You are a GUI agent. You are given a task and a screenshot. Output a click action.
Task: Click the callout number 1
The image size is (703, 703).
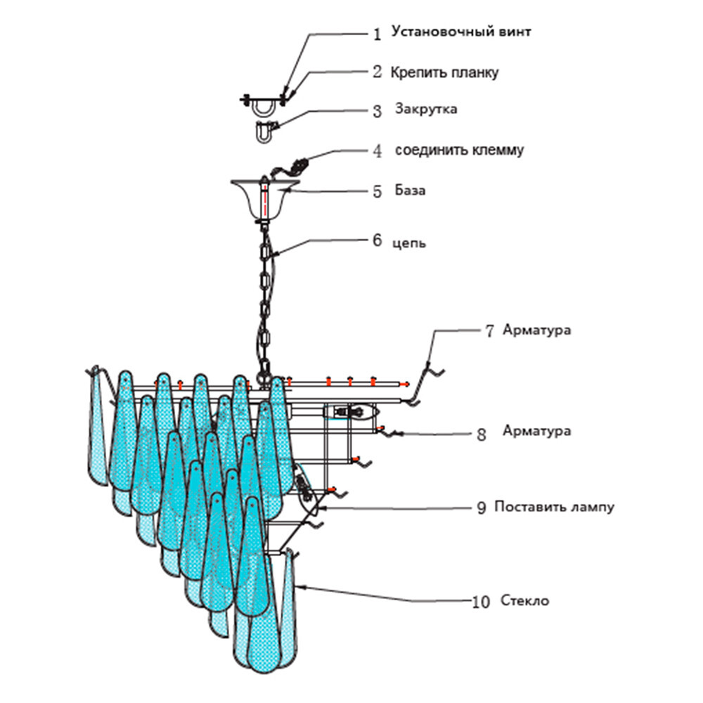[x=377, y=34]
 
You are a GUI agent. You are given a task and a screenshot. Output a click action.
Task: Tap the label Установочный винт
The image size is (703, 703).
[x=461, y=32]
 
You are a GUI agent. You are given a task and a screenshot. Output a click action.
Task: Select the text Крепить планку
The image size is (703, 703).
[x=444, y=72]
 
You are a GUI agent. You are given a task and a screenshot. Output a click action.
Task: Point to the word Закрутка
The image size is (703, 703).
[x=426, y=109]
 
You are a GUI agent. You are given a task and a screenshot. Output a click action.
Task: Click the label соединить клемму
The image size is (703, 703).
[x=459, y=150]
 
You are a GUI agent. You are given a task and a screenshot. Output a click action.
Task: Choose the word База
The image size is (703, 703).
[x=410, y=190]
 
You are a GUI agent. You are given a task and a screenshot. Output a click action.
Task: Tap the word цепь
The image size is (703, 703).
[x=409, y=243]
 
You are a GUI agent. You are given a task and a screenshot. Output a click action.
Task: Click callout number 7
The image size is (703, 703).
[x=489, y=331]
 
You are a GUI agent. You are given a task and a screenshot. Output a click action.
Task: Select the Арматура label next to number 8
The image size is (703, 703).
[x=536, y=430]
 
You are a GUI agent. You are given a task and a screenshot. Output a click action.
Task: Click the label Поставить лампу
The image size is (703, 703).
[x=554, y=507]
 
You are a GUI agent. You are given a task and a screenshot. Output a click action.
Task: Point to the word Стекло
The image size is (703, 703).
[x=524, y=600]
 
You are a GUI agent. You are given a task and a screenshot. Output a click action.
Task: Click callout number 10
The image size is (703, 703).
[x=481, y=602]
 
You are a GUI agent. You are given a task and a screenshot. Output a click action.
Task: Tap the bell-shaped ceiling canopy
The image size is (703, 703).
[x=264, y=199]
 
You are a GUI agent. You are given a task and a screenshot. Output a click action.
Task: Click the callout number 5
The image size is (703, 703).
[x=377, y=191]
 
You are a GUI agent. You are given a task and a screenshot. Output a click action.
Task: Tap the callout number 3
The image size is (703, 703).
[x=377, y=111]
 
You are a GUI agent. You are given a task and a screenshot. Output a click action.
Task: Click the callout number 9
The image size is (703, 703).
[x=481, y=508]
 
